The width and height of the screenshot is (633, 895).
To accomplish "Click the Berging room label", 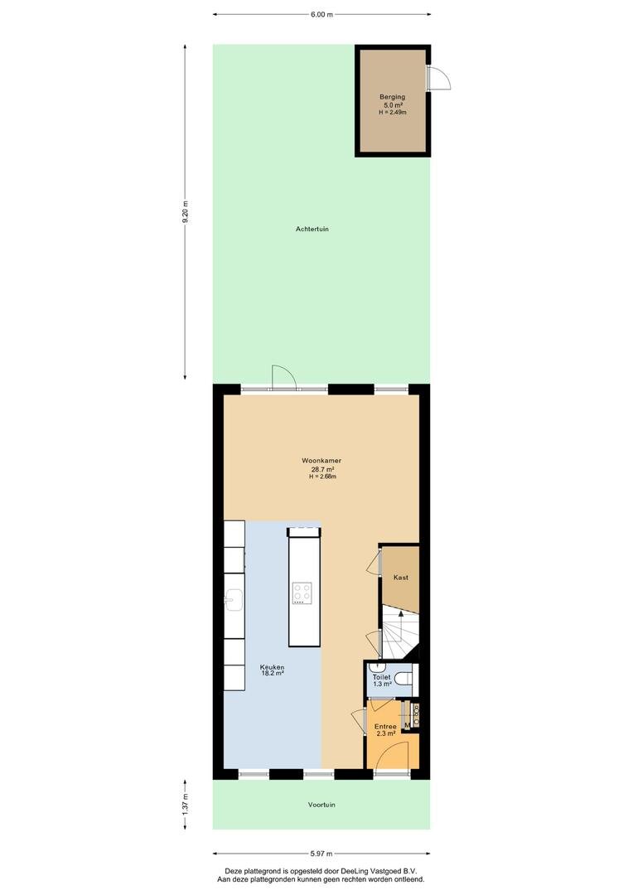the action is [x=392, y=97].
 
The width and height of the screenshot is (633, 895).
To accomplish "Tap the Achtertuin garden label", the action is [x=312, y=229].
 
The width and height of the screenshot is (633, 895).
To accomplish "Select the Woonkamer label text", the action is [x=322, y=461].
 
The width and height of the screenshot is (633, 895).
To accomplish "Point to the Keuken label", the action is [x=272, y=666].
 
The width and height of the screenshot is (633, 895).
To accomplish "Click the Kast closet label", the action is [x=401, y=578].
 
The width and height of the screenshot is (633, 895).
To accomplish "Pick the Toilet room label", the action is [x=381, y=677].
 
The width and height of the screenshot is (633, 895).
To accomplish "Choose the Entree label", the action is [x=385, y=727].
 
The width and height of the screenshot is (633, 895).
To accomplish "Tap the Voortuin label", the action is [x=321, y=805].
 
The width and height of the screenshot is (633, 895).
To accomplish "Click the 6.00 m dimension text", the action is [x=321, y=15].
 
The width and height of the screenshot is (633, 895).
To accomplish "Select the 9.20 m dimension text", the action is [x=185, y=214].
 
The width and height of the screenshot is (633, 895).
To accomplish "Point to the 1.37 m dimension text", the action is [x=185, y=805].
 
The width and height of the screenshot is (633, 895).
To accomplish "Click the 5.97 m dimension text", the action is [x=321, y=854].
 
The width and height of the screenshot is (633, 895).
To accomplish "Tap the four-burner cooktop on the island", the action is [x=302, y=593].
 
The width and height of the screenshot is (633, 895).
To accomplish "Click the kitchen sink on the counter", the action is [x=234, y=599].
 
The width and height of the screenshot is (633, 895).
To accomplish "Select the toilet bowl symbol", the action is [x=404, y=678].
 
